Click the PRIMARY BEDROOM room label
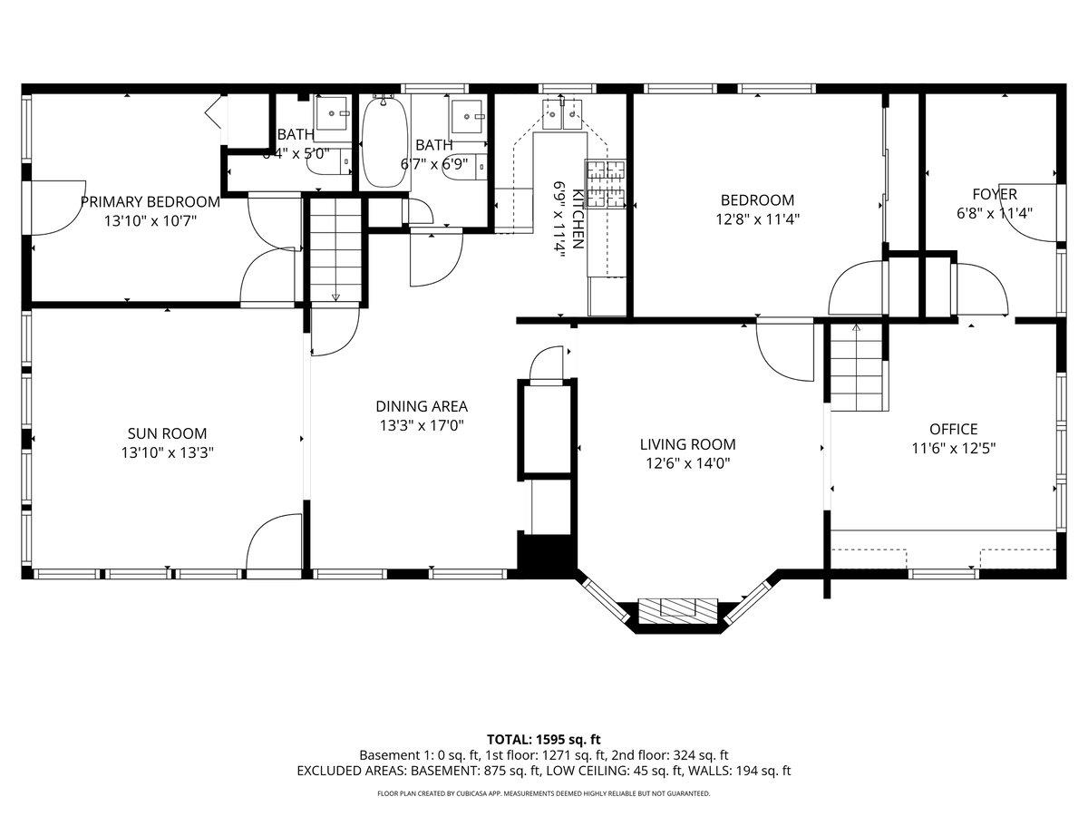tap(150, 201)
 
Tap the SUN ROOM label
tap(167, 433)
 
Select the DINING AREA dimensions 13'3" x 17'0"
tap(422, 424)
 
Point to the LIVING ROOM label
tap(687, 444)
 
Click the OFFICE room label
tap(953, 429)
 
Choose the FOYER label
tap(994, 194)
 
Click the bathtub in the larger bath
tap(384, 141)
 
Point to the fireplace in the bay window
tap(678, 611)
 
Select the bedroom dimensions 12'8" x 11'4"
tap(757, 218)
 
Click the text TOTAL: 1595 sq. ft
tap(543, 739)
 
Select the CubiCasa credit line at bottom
tap(543, 793)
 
